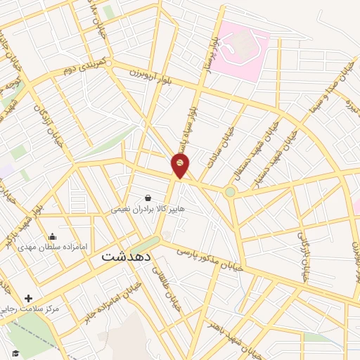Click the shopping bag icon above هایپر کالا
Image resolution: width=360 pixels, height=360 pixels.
[148, 198]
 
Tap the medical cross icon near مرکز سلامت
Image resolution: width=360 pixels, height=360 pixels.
[28, 298]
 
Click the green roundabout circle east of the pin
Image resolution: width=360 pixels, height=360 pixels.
[230, 192]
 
